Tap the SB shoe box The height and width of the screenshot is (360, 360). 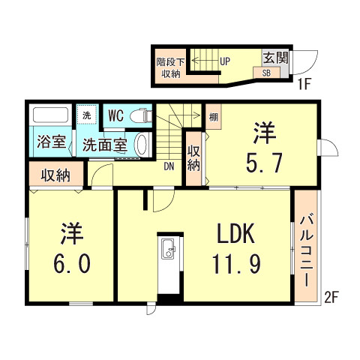pyautogui.click(x=266, y=73)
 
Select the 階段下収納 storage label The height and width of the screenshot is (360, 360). pyautogui.click(x=169, y=67)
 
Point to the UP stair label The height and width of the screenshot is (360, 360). pyautogui.click(x=224, y=61)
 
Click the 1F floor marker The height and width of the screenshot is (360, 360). pyautogui.click(x=303, y=84)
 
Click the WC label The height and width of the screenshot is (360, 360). pyautogui.click(x=115, y=115)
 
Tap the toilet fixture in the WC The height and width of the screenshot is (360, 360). pyautogui.click(x=139, y=115)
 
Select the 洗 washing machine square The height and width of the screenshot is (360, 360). pyautogui.click(x=87, y=115)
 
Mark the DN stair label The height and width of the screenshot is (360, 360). pyautogui.click(x=170, y=166)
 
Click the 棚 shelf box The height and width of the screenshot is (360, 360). pyautogui.click(x=214, y=116)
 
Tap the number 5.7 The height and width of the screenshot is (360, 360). pyautogui.click(x=264, y=162)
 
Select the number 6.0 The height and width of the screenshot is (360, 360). pyautogui.click(x=72, y=264)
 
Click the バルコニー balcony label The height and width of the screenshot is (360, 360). pyautogui.click(x=307, y=249)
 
